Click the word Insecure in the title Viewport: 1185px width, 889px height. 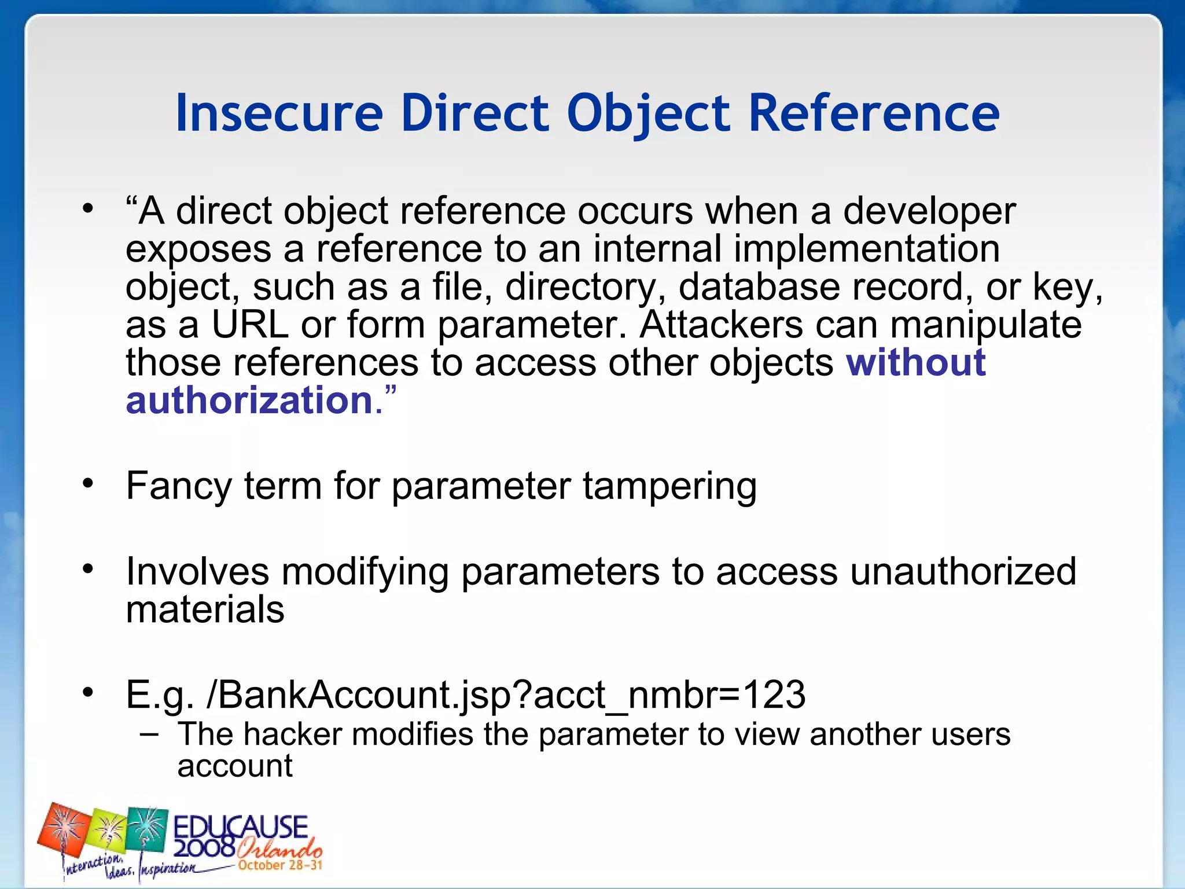click(279, 113)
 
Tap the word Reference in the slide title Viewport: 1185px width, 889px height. click(874, 113)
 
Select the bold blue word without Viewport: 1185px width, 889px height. click(916, 363)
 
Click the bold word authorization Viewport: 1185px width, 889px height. click(249, 401)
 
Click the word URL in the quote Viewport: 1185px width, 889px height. click(250, 325)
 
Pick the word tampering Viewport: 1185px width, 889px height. click(669, 486)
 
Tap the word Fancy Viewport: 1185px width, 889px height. click(179, 486)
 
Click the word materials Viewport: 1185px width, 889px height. click(205, 609)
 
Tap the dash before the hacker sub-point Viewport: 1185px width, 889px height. click(149, 734)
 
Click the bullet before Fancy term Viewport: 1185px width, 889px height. click(87, 483)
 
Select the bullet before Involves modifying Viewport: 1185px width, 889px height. click(87, 569)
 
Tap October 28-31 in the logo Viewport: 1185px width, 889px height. click(280, 865)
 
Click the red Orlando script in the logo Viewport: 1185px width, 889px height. click(280, 849)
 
